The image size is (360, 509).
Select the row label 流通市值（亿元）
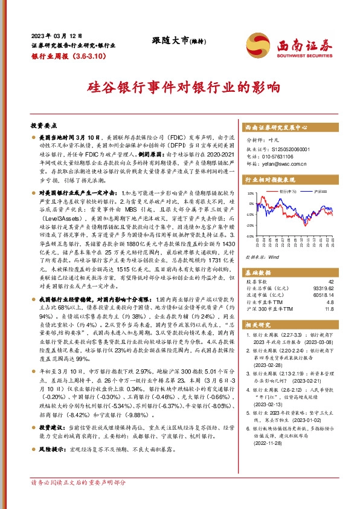point(266,296)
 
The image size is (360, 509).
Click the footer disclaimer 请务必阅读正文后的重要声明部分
point(79,499)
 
